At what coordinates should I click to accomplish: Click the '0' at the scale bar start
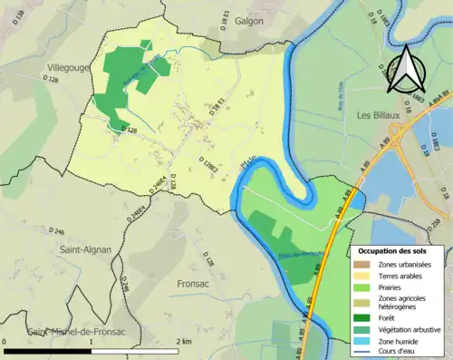[x=5, y=342]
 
